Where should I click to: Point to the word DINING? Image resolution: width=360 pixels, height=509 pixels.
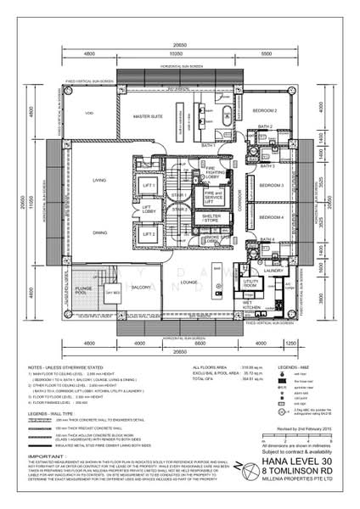(x=99, y=232)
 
